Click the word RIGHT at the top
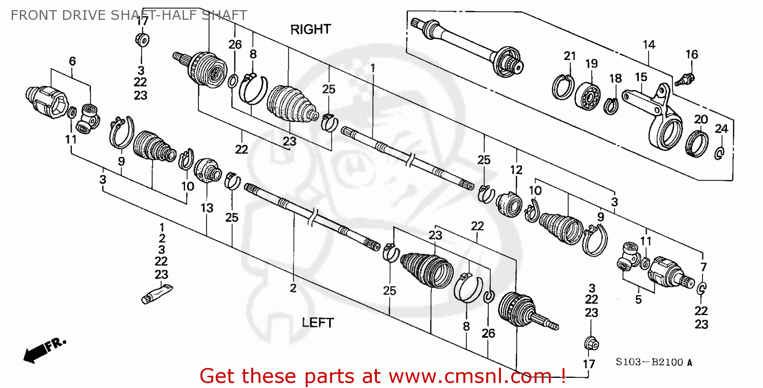tap(310, 29)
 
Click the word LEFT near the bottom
tap(318, 322)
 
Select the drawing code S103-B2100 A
tap(654, 363)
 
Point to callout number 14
tap(649, 45)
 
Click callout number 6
tap(72, 61)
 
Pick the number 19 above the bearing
tap(591, 63)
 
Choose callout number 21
tap(569, 56)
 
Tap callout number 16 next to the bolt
tap(691, 54)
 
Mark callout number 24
tap(721, 128)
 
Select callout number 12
tap(516, 170)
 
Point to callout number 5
tap(638, 300)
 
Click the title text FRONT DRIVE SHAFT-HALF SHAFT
tap(129, 15)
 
